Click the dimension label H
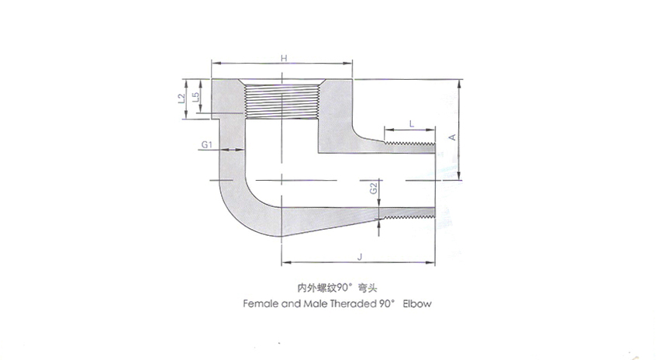284,57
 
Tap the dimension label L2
181,99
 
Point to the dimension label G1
207,145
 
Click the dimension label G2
374,188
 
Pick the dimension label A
452,137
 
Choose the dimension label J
359,257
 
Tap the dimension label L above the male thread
412,123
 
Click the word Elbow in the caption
417,303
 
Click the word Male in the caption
316,303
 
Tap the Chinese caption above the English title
337,288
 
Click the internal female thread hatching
282,102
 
